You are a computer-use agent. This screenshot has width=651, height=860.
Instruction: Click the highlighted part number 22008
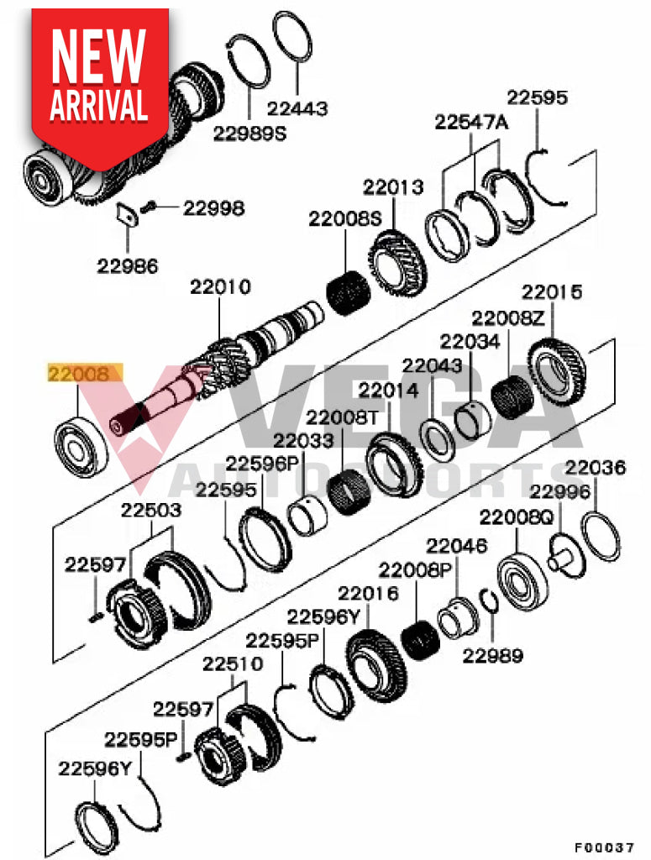(x=84, y=374)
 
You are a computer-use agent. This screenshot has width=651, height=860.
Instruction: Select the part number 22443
(x=297, y=109)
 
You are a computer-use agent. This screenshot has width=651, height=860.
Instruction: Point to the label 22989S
(x=249, y=133)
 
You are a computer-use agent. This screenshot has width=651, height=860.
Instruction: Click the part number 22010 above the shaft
(x=220, y=288)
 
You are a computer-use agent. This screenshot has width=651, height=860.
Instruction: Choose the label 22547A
(x=471, y=123)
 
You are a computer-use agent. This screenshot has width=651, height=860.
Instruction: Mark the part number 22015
(x=551, y=293)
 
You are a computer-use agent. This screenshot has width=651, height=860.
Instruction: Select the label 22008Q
(x=516, y=518)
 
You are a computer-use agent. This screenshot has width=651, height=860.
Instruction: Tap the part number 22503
(x=152, y=510)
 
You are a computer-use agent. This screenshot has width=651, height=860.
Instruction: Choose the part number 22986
(x=127, y=267)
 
